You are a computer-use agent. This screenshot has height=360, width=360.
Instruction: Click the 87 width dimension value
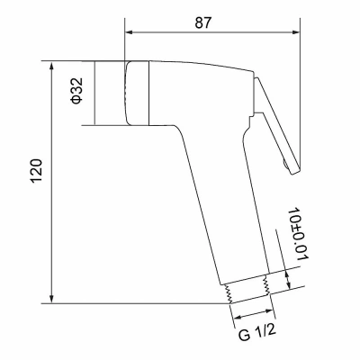click(x=203, y=22)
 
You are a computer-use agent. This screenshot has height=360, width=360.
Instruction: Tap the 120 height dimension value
click(x=37, y=171)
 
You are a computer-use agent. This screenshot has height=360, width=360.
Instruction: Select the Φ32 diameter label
click(x=76, y=91)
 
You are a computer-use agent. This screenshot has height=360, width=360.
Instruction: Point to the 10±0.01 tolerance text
click(x=298, y=233)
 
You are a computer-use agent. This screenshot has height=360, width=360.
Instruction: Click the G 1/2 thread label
click(x=256, y=333)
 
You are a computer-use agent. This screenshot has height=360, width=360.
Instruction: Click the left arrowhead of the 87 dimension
click(x=129, y=32)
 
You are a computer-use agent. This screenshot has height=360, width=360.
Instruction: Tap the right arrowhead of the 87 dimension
click(x=295, y=32)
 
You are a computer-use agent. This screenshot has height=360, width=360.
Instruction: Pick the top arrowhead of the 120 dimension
click(x=52, y=66)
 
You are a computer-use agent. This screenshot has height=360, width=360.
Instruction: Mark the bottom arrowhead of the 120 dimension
click(x=52, y=299)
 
